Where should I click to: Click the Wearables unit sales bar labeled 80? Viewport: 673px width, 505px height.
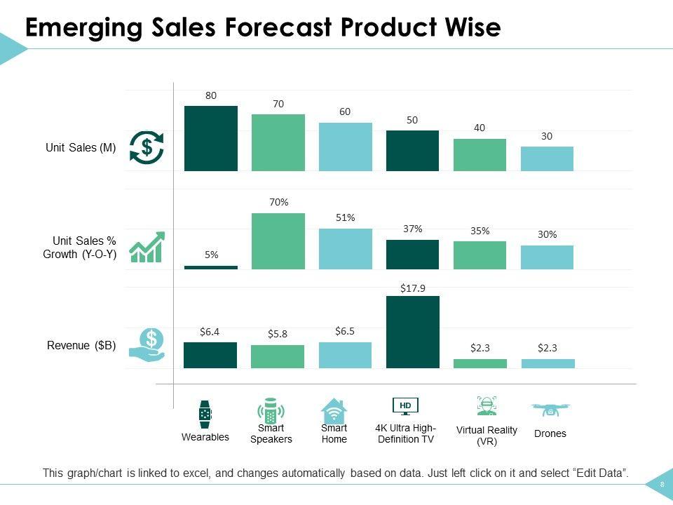click(x=210, y=138)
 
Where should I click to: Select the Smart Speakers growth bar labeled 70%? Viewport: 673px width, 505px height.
click(x=278, y=241)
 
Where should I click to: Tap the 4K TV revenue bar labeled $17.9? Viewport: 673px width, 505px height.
click(x=412, y=332)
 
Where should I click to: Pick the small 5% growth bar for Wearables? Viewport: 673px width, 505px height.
click(x=210, y=267)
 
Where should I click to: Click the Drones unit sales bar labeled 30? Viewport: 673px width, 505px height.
click(x=547, y=159)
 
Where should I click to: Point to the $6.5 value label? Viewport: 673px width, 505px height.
click(x=345, y=330)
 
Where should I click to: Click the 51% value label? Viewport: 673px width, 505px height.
click(x=345, y=217)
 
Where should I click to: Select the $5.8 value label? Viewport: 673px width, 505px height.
click(x=278, y=334)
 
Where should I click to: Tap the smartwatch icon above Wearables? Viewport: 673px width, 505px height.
click(x=205, y=414)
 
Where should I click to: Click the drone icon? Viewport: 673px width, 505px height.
click(x=550, y=408)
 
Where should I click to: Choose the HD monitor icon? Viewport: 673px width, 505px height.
click(x=405, y=406)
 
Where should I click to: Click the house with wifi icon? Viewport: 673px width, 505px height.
click(x=334, y=410)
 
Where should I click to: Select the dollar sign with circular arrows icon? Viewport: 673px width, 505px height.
click(x=147, y=147)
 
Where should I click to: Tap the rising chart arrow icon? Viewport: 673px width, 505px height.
click(x=147, y=247)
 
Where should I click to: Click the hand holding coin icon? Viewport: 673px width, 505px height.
click(x=147, y=347)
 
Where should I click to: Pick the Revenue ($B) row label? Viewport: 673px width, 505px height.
click(x=81, y=345)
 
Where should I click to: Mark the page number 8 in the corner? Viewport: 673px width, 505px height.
click(x=661, y=485)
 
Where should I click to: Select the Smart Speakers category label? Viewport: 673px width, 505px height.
click(x=271, y=433)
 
